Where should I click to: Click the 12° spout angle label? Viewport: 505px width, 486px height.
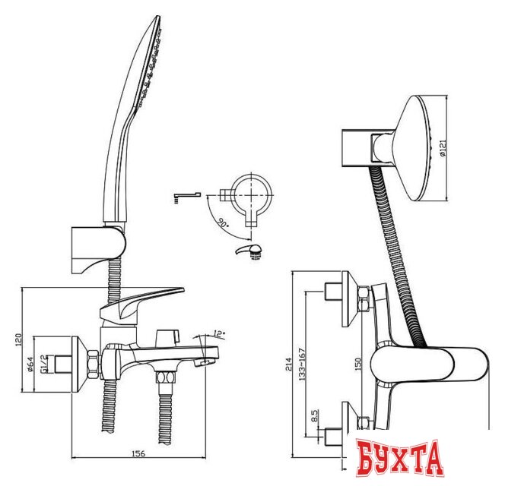(x=220, y=333)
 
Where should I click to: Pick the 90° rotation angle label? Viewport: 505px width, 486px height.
(x=223, y=226)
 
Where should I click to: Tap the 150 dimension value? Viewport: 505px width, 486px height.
(x=358, y=364)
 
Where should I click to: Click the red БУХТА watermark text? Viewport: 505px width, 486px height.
(x=399, y=459)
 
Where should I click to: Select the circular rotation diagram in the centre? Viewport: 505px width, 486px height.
(x=251, y=196)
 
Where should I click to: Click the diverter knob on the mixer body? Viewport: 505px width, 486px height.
(x=165, y=336)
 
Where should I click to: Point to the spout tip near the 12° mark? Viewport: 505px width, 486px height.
(x=204, y=361)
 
